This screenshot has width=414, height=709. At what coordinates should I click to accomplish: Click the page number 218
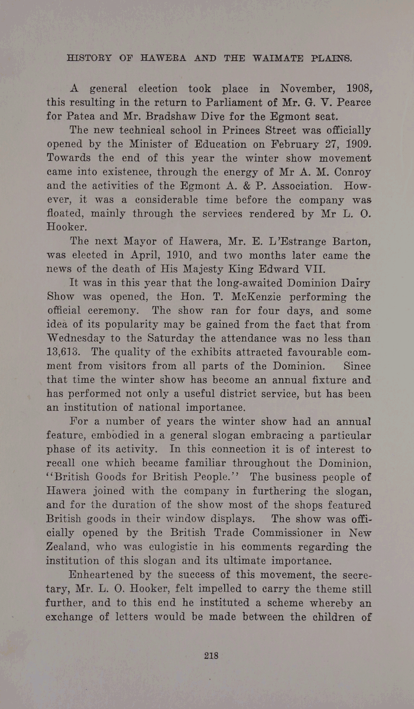tap(211, 654)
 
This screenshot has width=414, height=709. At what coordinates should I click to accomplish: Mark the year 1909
tap(354, 143)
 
